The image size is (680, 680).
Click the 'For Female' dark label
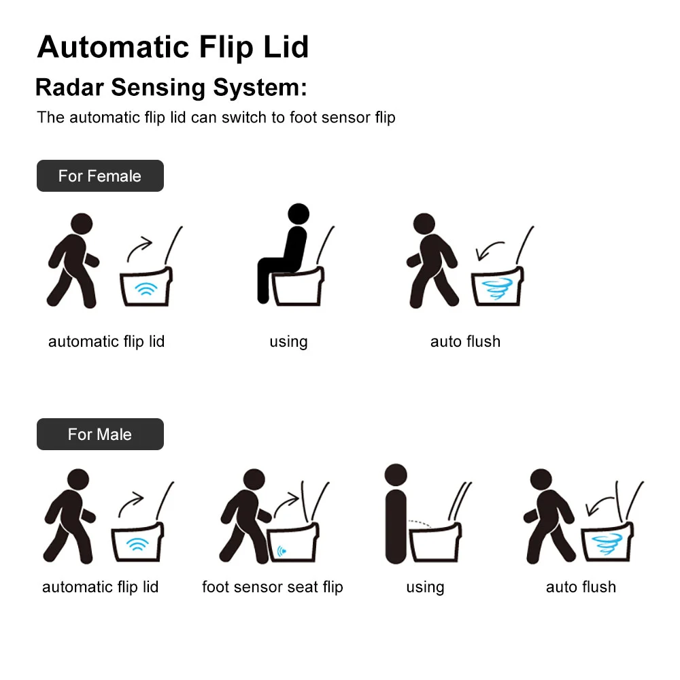click(100, 175)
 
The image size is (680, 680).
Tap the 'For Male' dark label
click(100, 434)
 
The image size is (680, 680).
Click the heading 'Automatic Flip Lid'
click(173, 48)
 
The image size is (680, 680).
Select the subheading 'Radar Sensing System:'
click(171, 88)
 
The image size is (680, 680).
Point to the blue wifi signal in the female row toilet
click(146, 289)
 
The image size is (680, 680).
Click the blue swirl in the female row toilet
click(497, 288)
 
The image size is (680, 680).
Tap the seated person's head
click(299, 214)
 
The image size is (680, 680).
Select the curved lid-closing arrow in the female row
click(489, 250)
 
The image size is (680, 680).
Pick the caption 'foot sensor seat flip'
click(273, 587)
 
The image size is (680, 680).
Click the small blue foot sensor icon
click(282, 551)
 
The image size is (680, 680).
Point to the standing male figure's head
click(396, 475)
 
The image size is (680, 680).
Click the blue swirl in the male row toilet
click(607, 544)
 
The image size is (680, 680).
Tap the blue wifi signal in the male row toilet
click(137, 544)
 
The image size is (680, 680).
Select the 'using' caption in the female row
click(289, 342)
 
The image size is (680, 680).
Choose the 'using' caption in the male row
click(425, 588)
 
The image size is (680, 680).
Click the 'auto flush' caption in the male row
click(581, 587)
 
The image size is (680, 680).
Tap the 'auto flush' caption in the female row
click(465, 341)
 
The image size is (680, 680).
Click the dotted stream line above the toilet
click(420, 523)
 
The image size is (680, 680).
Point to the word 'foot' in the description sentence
click(303, 118)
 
